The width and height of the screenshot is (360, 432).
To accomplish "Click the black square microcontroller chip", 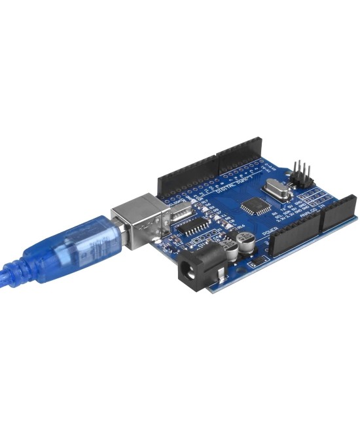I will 251,207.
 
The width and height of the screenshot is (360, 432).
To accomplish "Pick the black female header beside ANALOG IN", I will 338,211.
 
